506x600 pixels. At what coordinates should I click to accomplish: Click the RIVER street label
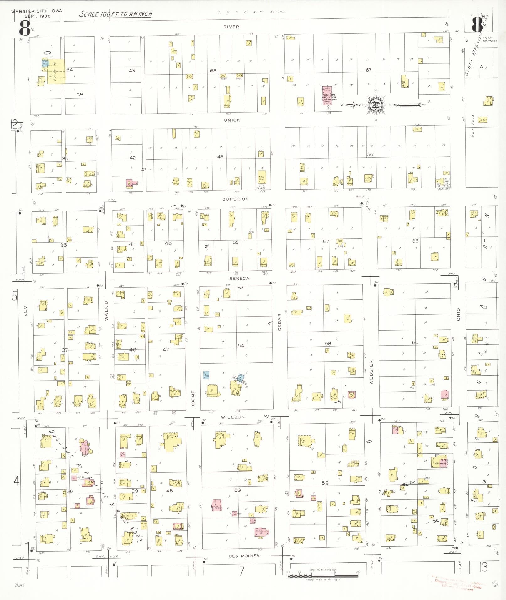pyautogui.click(x=231, y=27)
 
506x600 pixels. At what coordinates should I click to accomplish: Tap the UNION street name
pyautogui.click(x=232, y=120)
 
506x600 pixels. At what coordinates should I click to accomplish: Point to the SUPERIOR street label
pyautogui.click(x=236, y=199)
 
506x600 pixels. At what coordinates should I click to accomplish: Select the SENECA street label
pyautogui.click(x=239, y=278)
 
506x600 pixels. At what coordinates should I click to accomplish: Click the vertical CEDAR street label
pyautogui.click(x=280, y=322)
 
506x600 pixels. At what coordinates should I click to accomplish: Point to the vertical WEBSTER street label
pyautogui.click(x=371, y=372)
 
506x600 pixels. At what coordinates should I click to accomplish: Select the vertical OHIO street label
pyautogui.click(x=458, y=314)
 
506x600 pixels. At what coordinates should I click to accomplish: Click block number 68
pyautogui.click(x=213, y=71)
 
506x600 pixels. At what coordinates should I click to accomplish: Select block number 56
pyautogui.click(x=370, y=154)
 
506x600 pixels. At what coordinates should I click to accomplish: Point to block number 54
pyautogui.click(x=241, y=345)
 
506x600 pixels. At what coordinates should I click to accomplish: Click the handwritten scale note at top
pyautogui.click(x=116, y=14)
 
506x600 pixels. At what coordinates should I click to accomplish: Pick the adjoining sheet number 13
pyautogui.click(x=483, y=567)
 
